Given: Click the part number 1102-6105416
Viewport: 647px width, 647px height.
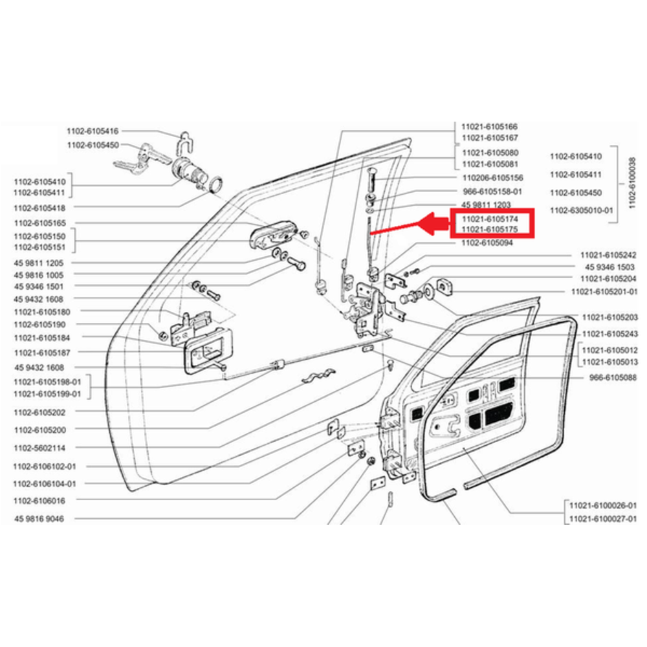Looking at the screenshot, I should pos(93,131).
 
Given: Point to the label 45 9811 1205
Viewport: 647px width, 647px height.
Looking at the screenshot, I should pos(38,263).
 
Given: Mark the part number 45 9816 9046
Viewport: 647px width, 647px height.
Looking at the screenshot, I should pos(38,519).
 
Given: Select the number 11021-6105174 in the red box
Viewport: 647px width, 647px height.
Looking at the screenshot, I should pos(490,220).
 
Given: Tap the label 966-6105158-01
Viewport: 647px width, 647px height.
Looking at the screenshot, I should pos(492,192).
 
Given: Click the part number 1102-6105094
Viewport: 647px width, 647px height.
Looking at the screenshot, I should pos(487,244).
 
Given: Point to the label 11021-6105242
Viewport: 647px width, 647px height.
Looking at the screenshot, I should pos(608,255).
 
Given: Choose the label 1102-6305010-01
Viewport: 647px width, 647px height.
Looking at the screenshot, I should pos(580,210).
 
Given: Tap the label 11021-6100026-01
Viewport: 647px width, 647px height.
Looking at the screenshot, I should pos(603,505).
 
